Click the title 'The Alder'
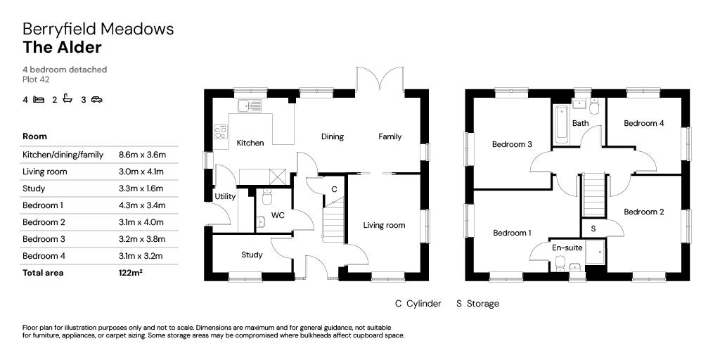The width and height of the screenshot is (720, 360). (x=62, y=48)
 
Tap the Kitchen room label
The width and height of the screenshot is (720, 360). (x=250, y=143)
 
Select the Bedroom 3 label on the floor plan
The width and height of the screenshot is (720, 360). (x=511, y=144)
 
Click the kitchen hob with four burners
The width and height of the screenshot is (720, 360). (x=221, y=130)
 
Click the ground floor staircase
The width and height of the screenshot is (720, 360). (x=333, y=220)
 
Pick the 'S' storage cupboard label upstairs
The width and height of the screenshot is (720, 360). (x=593, y=229)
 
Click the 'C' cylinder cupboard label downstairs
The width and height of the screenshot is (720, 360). (x=334, y=188)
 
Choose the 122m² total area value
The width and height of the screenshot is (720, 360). (x=131, y=273)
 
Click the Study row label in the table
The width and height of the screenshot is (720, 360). (x=34, y=188)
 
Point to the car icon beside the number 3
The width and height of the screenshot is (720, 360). (x=96, y=100)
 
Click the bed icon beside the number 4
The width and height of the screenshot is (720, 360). (x=39, y=100)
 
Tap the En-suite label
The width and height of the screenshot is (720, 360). (x=567, y=247)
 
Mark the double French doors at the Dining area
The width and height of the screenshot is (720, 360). (x=380, y=79)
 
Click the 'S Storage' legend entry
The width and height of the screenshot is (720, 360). (x=477, y=304)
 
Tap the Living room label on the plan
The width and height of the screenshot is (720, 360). (x=384, y=225)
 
